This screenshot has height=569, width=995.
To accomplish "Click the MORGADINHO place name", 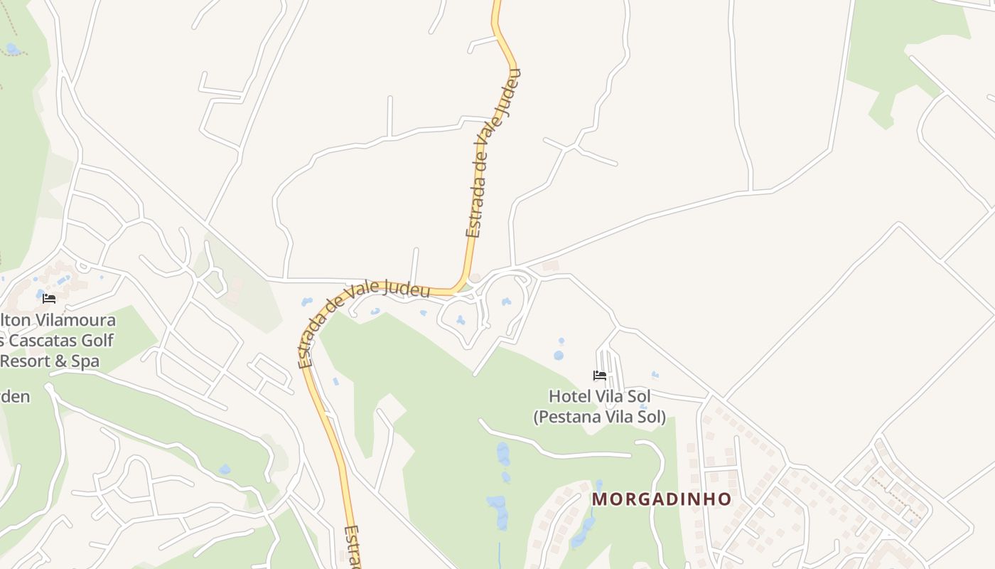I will [x=661, y=499].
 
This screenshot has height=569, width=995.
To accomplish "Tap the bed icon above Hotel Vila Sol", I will [x=600, y=376].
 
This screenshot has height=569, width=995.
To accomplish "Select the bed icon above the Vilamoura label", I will [x=49, y=299].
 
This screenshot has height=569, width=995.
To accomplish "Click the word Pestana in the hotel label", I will [x=569, y=417].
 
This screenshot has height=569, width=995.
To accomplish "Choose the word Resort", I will [x=26, y=361].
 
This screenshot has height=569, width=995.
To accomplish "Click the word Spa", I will [x=85, y=361].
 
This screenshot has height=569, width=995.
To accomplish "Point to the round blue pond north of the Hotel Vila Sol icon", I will [x=559, y=355].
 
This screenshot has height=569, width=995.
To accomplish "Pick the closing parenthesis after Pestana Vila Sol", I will [x=663, y=417].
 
